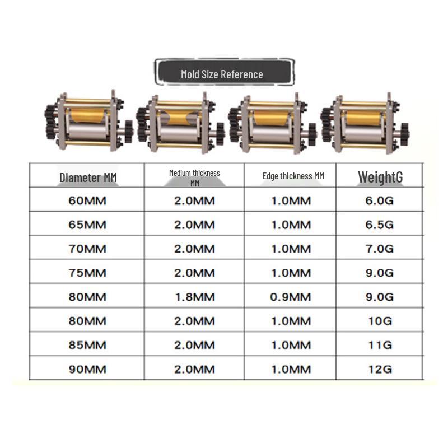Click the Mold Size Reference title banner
(x=225, y=72)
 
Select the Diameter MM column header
(x=88, y=178)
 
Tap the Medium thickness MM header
(x=194, y=178)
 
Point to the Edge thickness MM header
(x=293, y=176)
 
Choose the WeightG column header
(x=380, y=177)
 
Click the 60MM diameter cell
(x=87, y=200)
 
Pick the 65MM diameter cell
(x=87, y=225)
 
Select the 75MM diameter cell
(x=87, y=273)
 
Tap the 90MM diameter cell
(x=87, y=369)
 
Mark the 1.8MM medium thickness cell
(x=194, y=297)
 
